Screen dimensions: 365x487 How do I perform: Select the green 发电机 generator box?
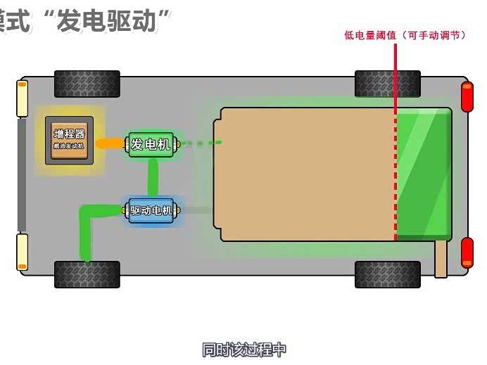pos(150,144)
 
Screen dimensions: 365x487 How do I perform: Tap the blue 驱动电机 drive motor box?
pos(151,210)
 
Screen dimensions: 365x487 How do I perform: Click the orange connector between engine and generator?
pos(110,143)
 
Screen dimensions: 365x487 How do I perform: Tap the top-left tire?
pos(87,84)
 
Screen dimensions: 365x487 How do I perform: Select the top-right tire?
pos(387,84)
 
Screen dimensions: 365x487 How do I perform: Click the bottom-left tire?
pos(87,274)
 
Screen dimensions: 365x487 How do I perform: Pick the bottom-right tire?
pos(387,274)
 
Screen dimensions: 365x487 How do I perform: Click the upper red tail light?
pos(467,97)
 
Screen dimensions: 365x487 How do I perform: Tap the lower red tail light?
pos(467,252)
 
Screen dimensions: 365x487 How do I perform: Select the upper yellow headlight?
pos(23,98)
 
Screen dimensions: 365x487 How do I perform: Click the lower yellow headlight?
pos(23,252)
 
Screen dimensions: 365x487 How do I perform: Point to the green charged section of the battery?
pos(424,174)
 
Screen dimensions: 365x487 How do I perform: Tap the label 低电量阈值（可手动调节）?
pos(404,34)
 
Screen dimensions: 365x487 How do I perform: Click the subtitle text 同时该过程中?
pos(243,350)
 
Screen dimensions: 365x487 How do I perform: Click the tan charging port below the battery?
pos(441,258)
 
